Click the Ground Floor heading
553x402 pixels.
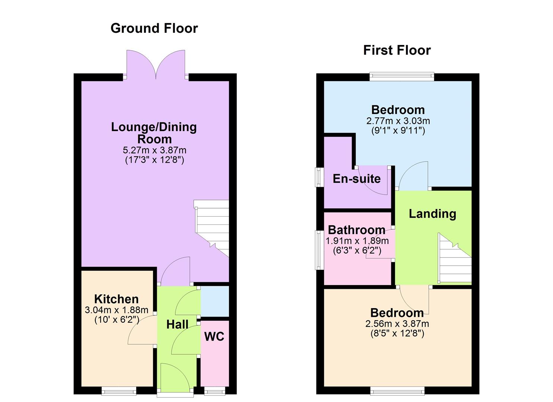tap(154, 28)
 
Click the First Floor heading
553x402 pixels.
tap(397, 50)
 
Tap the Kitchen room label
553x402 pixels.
tap(116, 299)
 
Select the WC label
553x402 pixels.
tap(214, 336)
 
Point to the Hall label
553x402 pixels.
tap(177, 325)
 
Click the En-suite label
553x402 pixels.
tap(356, 179)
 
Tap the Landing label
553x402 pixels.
tap(432, 214)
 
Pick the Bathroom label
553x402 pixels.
tap(356, 230)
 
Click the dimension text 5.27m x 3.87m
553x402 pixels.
tap(155, 150)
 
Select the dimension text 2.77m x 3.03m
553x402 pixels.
tap(398, 121)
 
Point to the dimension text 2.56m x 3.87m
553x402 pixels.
tap(397, 324)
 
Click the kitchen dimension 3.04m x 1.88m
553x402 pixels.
tap(117, 310)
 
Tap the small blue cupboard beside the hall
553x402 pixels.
tap(215, 301)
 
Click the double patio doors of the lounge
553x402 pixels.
tap(156, 65)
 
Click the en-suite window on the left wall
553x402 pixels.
tap(319, 177)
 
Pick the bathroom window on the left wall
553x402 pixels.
tap(319, 250)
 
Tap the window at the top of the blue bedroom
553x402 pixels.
tap(402, 77)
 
